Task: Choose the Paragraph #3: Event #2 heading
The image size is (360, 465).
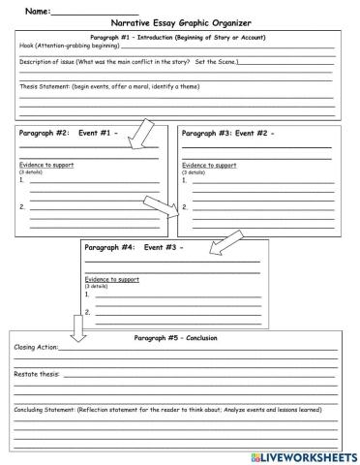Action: [x=228, y=133]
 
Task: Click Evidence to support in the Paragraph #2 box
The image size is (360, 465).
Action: [x=46, y=165]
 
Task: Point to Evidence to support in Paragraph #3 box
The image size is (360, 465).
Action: [x=209, y=165]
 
